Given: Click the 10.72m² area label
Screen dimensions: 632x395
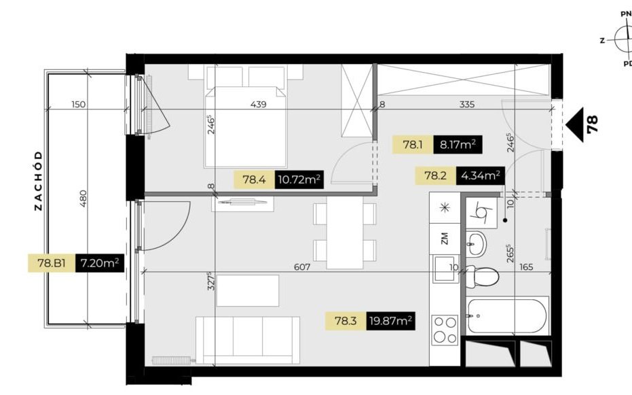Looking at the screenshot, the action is pos(299,179).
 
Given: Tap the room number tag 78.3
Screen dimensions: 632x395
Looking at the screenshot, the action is pos(346,321).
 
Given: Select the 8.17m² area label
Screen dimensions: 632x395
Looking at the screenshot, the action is pos(458,145).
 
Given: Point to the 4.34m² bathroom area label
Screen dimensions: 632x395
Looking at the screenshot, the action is pos(481,176).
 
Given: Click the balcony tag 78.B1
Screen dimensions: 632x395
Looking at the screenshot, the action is pos(51,264).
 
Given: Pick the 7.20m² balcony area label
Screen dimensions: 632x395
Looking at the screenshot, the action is pos(100,264).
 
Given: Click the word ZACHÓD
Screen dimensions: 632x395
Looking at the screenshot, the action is pos(38,181).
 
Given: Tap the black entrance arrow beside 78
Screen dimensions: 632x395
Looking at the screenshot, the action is pos(574,125).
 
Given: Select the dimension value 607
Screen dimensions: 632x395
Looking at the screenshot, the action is pos(302,267).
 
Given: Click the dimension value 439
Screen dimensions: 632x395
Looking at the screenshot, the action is pos(259,104).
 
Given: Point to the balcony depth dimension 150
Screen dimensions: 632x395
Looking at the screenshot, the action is pos(78,104).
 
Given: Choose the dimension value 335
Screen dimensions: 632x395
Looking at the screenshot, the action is pos(467,104).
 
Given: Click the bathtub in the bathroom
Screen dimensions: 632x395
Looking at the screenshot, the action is pos(508,315).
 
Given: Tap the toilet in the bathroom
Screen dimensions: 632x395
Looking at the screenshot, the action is pos(482,277).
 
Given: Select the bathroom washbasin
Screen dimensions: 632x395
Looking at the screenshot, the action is pos(477,243).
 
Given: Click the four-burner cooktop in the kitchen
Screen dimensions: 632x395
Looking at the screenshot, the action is pos(445,330).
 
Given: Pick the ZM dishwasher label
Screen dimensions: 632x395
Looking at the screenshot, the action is pos(445,239).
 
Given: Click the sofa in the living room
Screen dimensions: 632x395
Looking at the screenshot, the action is pos(248,340).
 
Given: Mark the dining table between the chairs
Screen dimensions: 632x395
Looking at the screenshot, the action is pos(345,233).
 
